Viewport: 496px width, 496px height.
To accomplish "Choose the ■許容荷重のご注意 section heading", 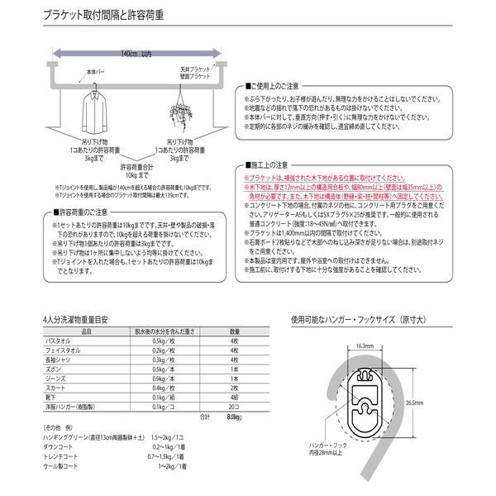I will [73, 213].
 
